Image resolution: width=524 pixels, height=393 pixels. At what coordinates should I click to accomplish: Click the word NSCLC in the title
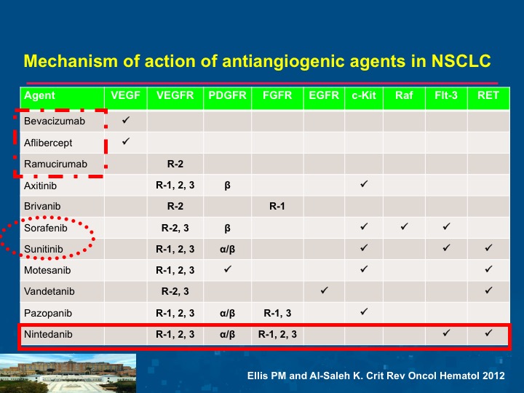pyautogui.click(x=461, y=61)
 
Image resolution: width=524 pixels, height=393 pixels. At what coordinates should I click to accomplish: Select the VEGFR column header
pyautogui.click(x=175, y=95)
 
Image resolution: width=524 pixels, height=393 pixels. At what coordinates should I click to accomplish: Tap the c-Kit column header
pyautogui.click(x=364, y=95)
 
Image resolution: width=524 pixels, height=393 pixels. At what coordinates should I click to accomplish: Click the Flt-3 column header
pyautogui.click(x=446, y=95)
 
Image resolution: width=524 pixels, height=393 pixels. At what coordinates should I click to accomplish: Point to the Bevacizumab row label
pyautogui.click(x=55, y=121)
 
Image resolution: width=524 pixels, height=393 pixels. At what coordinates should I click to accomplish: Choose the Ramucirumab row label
pyautogui.click(x=55, y=164)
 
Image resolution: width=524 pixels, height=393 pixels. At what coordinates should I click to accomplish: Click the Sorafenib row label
pyautogui.click(x=46, y=229)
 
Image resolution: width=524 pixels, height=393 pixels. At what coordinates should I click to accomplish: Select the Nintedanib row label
pyautogui.click(x=48, y=334)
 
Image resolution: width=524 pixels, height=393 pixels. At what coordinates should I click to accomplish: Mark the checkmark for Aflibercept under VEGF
pyautogui.click(x=126, y=141)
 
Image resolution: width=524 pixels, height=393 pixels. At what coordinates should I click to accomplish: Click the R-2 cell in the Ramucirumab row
pyautogui.click(x=175, y=164)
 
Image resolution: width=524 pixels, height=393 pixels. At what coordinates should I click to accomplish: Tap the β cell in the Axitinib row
pyautogui.click(x=227, y=186)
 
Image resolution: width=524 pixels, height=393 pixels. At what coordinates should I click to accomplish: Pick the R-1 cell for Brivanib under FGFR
pyautogui.click(x=277, y=207)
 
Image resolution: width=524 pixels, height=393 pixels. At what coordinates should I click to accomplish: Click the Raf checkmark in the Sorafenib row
pyautogui.click(x=404, y=226)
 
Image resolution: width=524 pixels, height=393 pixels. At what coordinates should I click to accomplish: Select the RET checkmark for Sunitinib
pyautogui.click(x=488, y=247)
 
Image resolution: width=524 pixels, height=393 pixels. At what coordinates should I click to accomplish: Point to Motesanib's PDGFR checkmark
pyautogui.click(x=227, y=269)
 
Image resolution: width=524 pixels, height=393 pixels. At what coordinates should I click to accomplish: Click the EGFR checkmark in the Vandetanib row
pyautogui.click(x=324, y=290)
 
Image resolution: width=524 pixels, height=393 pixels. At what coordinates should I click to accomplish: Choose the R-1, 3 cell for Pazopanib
pyautogui.click(x=277, y=313)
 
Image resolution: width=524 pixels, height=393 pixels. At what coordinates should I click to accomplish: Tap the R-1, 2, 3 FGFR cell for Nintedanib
pyautogui.click(x=277, y=334)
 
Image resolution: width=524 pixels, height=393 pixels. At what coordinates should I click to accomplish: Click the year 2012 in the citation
pyautogui.click(x=493, y=376)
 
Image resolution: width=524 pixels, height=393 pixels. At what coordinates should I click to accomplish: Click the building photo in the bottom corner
pyautogui.click(x=68, y=373)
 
